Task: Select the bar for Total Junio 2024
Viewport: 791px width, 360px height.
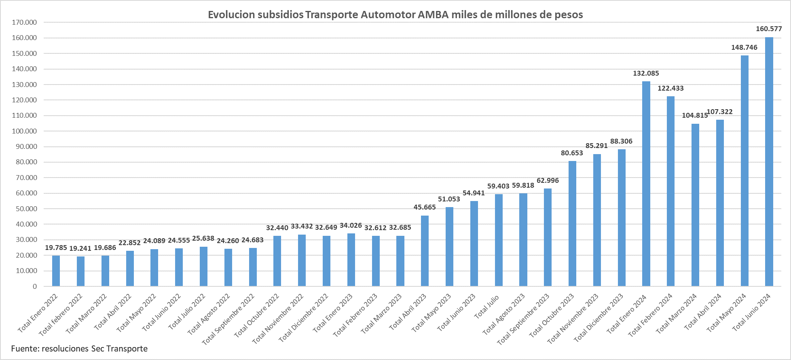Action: (769, 162)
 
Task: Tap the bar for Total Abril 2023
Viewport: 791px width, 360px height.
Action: (425, 251)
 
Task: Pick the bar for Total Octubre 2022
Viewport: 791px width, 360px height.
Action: (277, 261)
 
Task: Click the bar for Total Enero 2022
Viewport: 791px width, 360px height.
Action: (56, 271)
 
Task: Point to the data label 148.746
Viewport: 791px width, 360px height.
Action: (744, 47)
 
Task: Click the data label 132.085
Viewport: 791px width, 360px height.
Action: (646, 73)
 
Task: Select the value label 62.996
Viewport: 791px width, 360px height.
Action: (548, 180)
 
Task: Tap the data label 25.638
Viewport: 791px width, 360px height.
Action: (203, 238)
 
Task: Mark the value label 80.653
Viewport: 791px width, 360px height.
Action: (572, 153)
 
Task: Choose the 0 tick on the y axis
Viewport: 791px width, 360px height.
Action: (35, 286)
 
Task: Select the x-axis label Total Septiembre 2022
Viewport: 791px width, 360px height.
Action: (228, 319)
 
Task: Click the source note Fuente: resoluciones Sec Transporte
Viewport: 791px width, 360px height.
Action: (79, 349)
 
